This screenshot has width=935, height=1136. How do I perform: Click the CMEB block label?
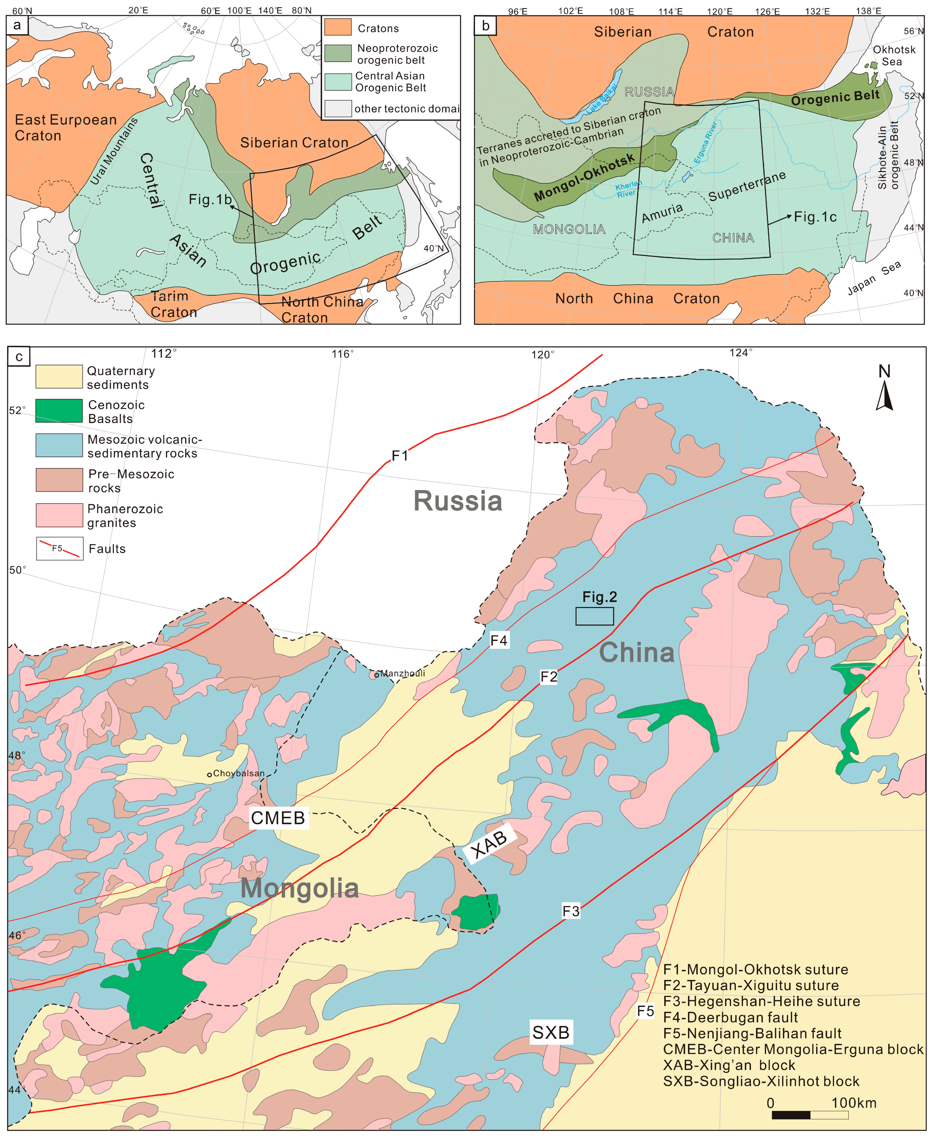pyautogui.click(x=278, y=818)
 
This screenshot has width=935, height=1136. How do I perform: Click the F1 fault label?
pyautogui.click(x=400, y=456)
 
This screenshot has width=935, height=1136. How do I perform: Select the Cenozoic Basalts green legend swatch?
pyautogui.click(x=59, y=411)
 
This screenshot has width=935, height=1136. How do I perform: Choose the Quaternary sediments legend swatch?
pyautogui.click(x=59, y=376)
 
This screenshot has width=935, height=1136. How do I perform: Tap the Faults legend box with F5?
pyautogui.click(x=59, y=549)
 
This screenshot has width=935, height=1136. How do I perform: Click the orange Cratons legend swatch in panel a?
pyautogui.click(x=338, y=28)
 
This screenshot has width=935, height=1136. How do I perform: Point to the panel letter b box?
pyautogui.click(x=485, y=25)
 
